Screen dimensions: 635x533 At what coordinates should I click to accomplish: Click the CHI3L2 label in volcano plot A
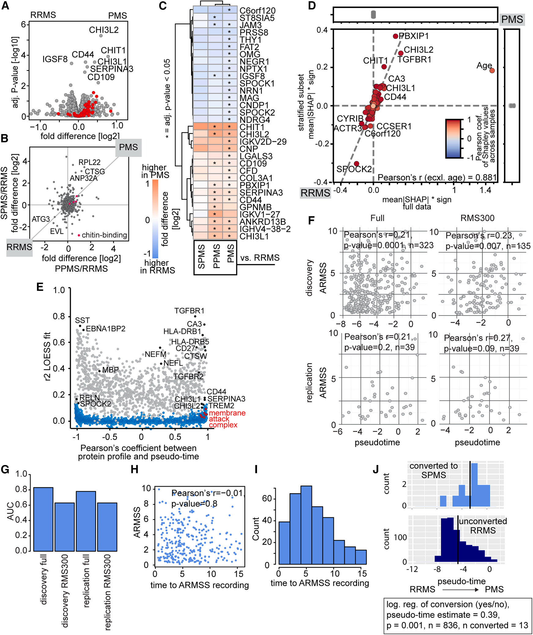pyautogui.click(x=104, y=30)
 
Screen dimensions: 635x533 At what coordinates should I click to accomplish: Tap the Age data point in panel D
pyautogui.click(x=492, y=71)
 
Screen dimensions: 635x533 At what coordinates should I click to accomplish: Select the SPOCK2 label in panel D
pyautogui.click(x=354, y=169)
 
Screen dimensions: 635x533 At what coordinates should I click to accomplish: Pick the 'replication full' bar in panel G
pyautogui.click(x=86, y=521)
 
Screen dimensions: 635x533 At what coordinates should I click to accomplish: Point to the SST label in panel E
pyautogui.click(x=82, y=320)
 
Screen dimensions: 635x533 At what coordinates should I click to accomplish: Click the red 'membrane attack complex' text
pyautogui.click(x=226, y=419)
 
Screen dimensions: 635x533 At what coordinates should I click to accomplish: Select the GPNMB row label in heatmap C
pyautogui.click(x=255, y=207)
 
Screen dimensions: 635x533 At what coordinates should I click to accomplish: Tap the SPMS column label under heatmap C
pyautogui.click(x=201, y=257)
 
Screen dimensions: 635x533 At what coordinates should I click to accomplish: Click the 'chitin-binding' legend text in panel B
pyautogui.click(x=104, y=235)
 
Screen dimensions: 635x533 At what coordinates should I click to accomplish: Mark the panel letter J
pyautogui.click(x=376, y=469)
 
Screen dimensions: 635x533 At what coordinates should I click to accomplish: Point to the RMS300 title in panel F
pyautogui.click(x=477, y=218)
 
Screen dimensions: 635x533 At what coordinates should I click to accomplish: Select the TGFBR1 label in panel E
pyautogui.click(x=189, y=311)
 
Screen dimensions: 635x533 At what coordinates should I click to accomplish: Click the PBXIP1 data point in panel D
pyautogui.click(x=395, y=36)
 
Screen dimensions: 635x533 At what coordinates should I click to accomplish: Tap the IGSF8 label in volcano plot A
pyautogui.click(x=55, y=59)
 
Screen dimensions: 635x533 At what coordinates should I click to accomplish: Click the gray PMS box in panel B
pyautogui.click(x=128, y=147)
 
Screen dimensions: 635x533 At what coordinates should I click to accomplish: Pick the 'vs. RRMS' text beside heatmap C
pyautogui.click(x=260, y=258)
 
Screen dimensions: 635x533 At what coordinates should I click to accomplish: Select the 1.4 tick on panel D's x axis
pyautogui.click(x=485, y=190)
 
